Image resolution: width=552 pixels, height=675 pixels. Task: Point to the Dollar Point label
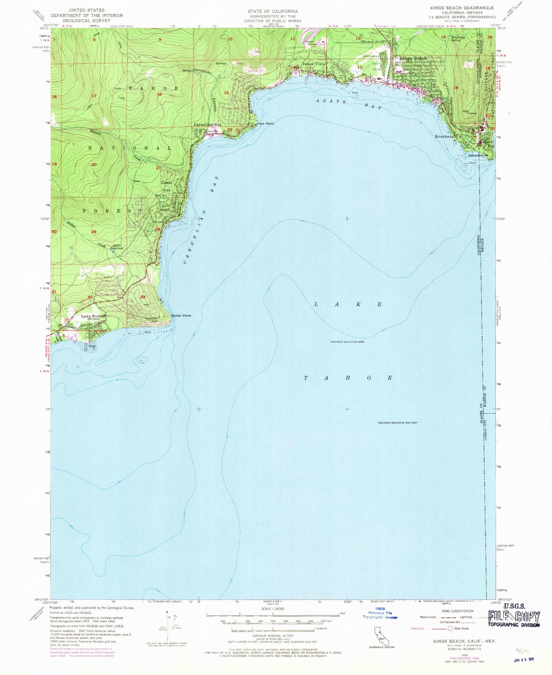[181, 316]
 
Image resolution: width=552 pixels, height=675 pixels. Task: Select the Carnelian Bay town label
[207, 125]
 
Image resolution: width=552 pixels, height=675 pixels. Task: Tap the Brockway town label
[445, 136]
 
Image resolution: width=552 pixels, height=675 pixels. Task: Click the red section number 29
[94, 232]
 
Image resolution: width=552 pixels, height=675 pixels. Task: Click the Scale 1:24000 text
[273, 609]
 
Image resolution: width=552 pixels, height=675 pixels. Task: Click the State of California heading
[272, 11]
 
